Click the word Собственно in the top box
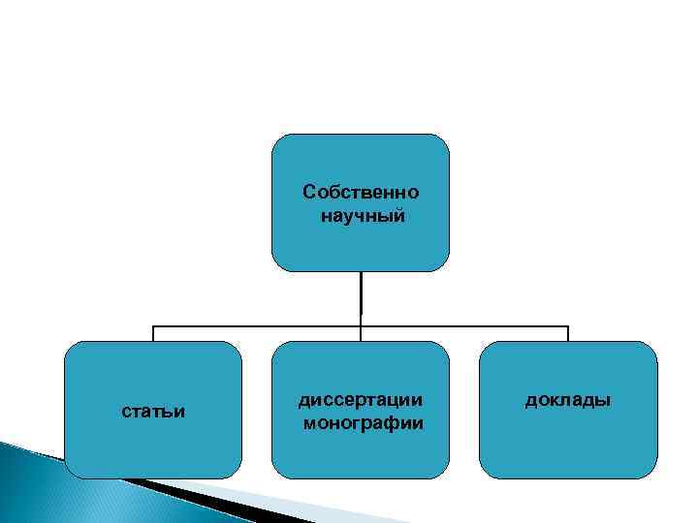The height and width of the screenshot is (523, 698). (x=361, y=191)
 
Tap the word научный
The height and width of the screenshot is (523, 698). (x=362, y=215)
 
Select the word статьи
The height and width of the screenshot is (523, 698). (x=153, y=413)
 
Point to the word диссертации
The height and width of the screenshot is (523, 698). (x=362, y=399)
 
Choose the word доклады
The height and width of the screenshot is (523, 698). (x=568, y=399)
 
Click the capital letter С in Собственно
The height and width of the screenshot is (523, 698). (x=309, y=191)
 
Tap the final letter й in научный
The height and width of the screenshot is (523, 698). (x=400, y=215)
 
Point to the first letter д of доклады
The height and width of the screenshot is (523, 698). (x=530, y=400)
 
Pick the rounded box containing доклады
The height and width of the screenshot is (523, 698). (x=568, y=446)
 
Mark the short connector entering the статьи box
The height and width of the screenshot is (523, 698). (x=153, y=334)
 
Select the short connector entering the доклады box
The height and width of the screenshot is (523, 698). (x=568, y=334)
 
